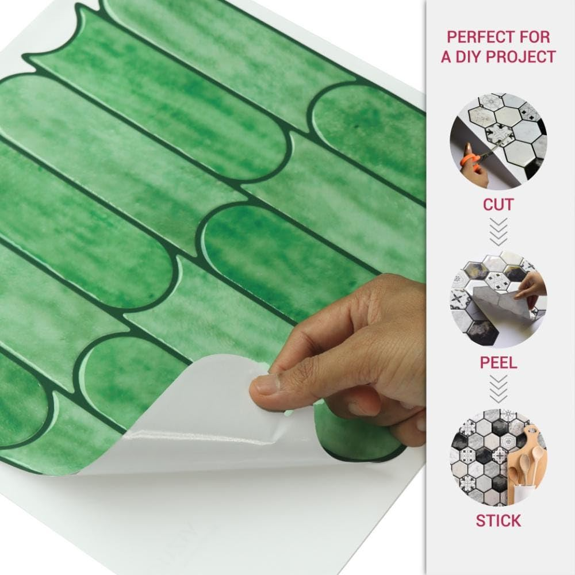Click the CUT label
pos(499,205)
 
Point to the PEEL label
pos(499,363)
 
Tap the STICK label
pos(499,521)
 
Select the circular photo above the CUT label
pos(499,141)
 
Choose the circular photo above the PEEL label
pos(499,299)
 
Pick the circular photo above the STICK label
pos(499,457)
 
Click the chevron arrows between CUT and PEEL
pos(499,231)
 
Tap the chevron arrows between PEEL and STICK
pos(499,389)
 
